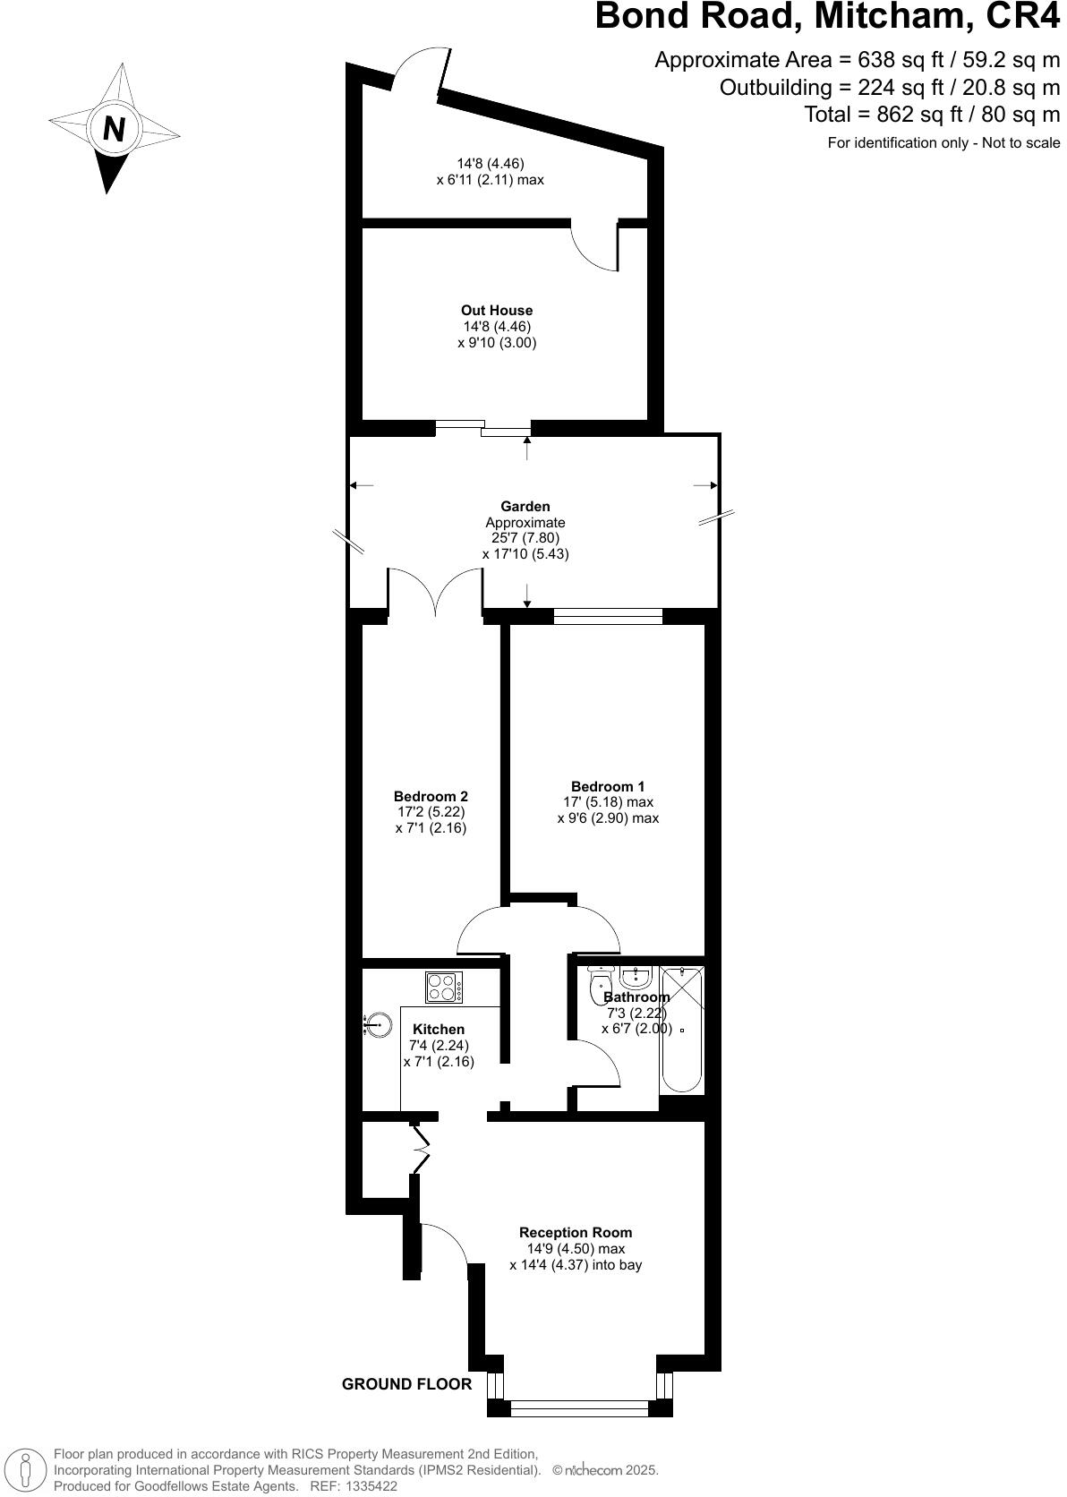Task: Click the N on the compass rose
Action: [x=114, y=130]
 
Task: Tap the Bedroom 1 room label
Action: [x=607, y=787]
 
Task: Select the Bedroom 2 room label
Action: [x=431, y=796]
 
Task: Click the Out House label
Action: [x=497, y=311]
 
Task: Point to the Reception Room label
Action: [x=576, y=1233]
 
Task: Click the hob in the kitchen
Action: [x=444, y=987]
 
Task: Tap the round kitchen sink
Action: [x=379, y=1023]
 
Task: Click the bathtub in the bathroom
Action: [x=682, y=1030]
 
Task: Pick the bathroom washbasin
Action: [x=636, y=976]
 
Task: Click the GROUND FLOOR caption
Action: [x=406, y=1384]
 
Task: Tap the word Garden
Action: [x=525, y=507]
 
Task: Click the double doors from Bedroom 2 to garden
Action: [x=436, y=591]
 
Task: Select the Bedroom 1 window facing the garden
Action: [x=608, y=616]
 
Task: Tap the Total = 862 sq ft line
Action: [x=931, y=115]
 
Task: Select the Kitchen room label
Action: [x=439, y=1030]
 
